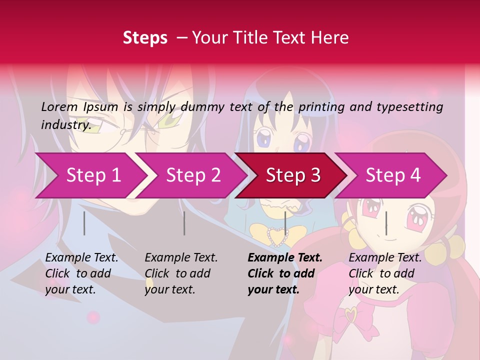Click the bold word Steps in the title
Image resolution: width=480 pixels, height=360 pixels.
145,37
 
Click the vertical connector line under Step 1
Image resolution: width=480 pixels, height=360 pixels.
84,223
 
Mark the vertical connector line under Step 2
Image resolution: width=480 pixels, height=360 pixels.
184,223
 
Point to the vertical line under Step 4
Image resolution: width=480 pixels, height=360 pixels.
386,223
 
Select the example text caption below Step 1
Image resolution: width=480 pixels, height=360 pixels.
81,273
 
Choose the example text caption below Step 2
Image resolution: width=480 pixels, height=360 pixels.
181,273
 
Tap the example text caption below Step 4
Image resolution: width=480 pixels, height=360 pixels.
384,273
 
